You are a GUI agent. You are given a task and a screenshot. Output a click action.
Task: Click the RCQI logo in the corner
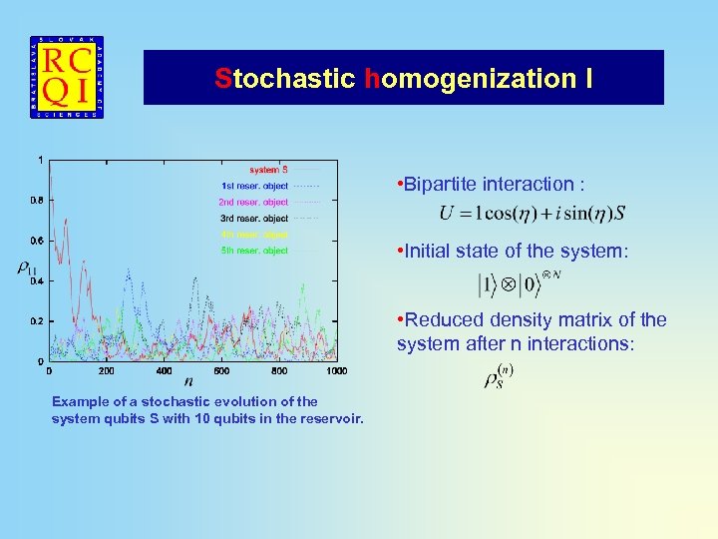coord(67,78)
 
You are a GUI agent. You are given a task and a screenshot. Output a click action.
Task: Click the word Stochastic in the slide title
coord(284,78)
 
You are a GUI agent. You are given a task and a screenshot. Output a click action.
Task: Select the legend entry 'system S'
coord(268,170)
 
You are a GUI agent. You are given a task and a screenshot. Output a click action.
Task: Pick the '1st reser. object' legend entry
coord(254,186)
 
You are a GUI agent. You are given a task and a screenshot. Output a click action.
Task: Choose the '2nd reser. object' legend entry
coord(254,202)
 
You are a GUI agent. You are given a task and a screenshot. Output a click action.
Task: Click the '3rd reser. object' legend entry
coord(254,218)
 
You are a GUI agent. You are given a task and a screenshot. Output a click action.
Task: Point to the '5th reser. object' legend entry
coord(254,251)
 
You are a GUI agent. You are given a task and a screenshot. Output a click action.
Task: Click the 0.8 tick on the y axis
coord(36,200)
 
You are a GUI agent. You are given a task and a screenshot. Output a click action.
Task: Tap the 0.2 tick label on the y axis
coord(36,321)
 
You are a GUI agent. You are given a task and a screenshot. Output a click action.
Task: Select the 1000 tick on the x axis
coord(336,371)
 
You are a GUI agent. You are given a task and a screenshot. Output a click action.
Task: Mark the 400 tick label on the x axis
coord(165,371)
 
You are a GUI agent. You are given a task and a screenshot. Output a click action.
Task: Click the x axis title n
coord(188,380)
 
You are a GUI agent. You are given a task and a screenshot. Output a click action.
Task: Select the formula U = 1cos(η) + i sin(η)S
coord(533,214)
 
